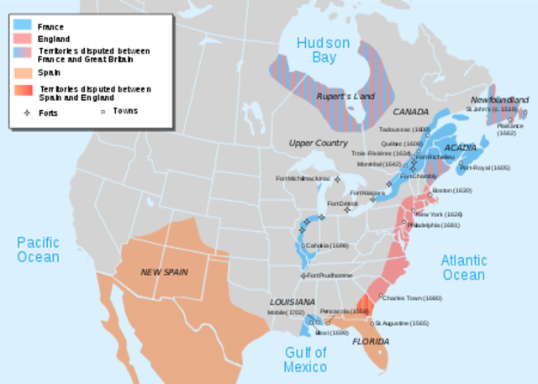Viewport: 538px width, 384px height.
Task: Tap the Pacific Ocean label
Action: [x=38, y=250]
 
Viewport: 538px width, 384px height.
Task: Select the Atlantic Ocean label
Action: [x=463, y=267]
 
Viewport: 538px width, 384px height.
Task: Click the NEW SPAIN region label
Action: [x=164, y=271]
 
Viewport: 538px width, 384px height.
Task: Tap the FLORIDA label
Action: [x=370, y=341]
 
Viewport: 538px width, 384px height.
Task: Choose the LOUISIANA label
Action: [x=292, y=301]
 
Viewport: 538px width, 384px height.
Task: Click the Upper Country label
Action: [x=318, y=143]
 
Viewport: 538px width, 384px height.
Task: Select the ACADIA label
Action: [x=461, y=148]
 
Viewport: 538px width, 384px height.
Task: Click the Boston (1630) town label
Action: [x=451, y=191]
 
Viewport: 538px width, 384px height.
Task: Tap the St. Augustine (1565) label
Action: [x=403, y=323]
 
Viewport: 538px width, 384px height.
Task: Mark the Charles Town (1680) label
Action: [x=410, y=298]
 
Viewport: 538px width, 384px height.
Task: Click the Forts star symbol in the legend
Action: [x=25, y=110]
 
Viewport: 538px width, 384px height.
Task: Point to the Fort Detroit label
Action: [x=342, y=203]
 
